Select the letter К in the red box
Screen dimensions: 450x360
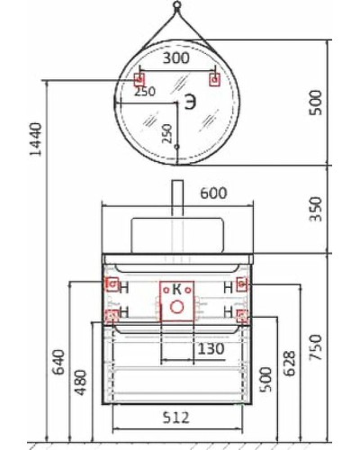coord(177,288)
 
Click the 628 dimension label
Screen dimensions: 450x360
coord(291,363)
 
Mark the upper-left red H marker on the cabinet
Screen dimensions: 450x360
coord(112,284)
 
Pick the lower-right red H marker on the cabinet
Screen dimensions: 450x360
coord(241,316)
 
